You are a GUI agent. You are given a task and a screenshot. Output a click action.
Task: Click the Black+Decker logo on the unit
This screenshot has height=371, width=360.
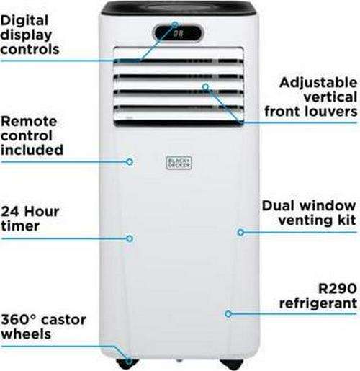pos(179,163)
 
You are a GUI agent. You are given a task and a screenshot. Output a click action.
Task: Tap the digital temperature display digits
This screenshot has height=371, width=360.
pos(179,33)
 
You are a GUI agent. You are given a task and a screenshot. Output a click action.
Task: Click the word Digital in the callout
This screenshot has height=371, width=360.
pos(24,21)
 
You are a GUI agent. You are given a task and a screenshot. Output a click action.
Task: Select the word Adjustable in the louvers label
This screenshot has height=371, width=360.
pos(318,83)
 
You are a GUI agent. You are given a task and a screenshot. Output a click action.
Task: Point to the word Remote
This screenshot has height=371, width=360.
pos(29,121)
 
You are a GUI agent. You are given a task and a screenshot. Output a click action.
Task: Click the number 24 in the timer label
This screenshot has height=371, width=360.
pos(10,212)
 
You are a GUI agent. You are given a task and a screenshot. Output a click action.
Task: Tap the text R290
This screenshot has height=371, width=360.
pos(338,288)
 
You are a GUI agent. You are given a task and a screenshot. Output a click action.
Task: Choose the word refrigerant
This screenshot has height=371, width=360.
pos(318,303)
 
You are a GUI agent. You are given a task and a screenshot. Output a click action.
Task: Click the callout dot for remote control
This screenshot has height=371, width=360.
pos(130,162)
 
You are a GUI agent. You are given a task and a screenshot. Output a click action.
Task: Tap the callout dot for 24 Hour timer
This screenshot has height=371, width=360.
pos(130,238)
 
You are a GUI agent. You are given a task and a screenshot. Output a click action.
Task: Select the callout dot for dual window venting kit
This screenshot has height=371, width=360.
pos(240,232)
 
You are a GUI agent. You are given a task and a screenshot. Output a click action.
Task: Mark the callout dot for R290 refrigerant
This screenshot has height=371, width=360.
pos(228,313)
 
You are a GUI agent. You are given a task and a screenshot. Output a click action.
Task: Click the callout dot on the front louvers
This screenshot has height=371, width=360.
pos(205,86)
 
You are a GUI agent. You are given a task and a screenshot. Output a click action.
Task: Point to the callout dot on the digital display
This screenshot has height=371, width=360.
pos(176,24)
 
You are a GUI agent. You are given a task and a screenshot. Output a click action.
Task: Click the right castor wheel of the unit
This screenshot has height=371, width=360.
pos(232,365)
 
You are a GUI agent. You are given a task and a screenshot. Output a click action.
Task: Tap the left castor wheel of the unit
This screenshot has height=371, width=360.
pos(127,365)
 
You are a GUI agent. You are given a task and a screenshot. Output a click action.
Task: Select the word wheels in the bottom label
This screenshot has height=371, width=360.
pos(26,334)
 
